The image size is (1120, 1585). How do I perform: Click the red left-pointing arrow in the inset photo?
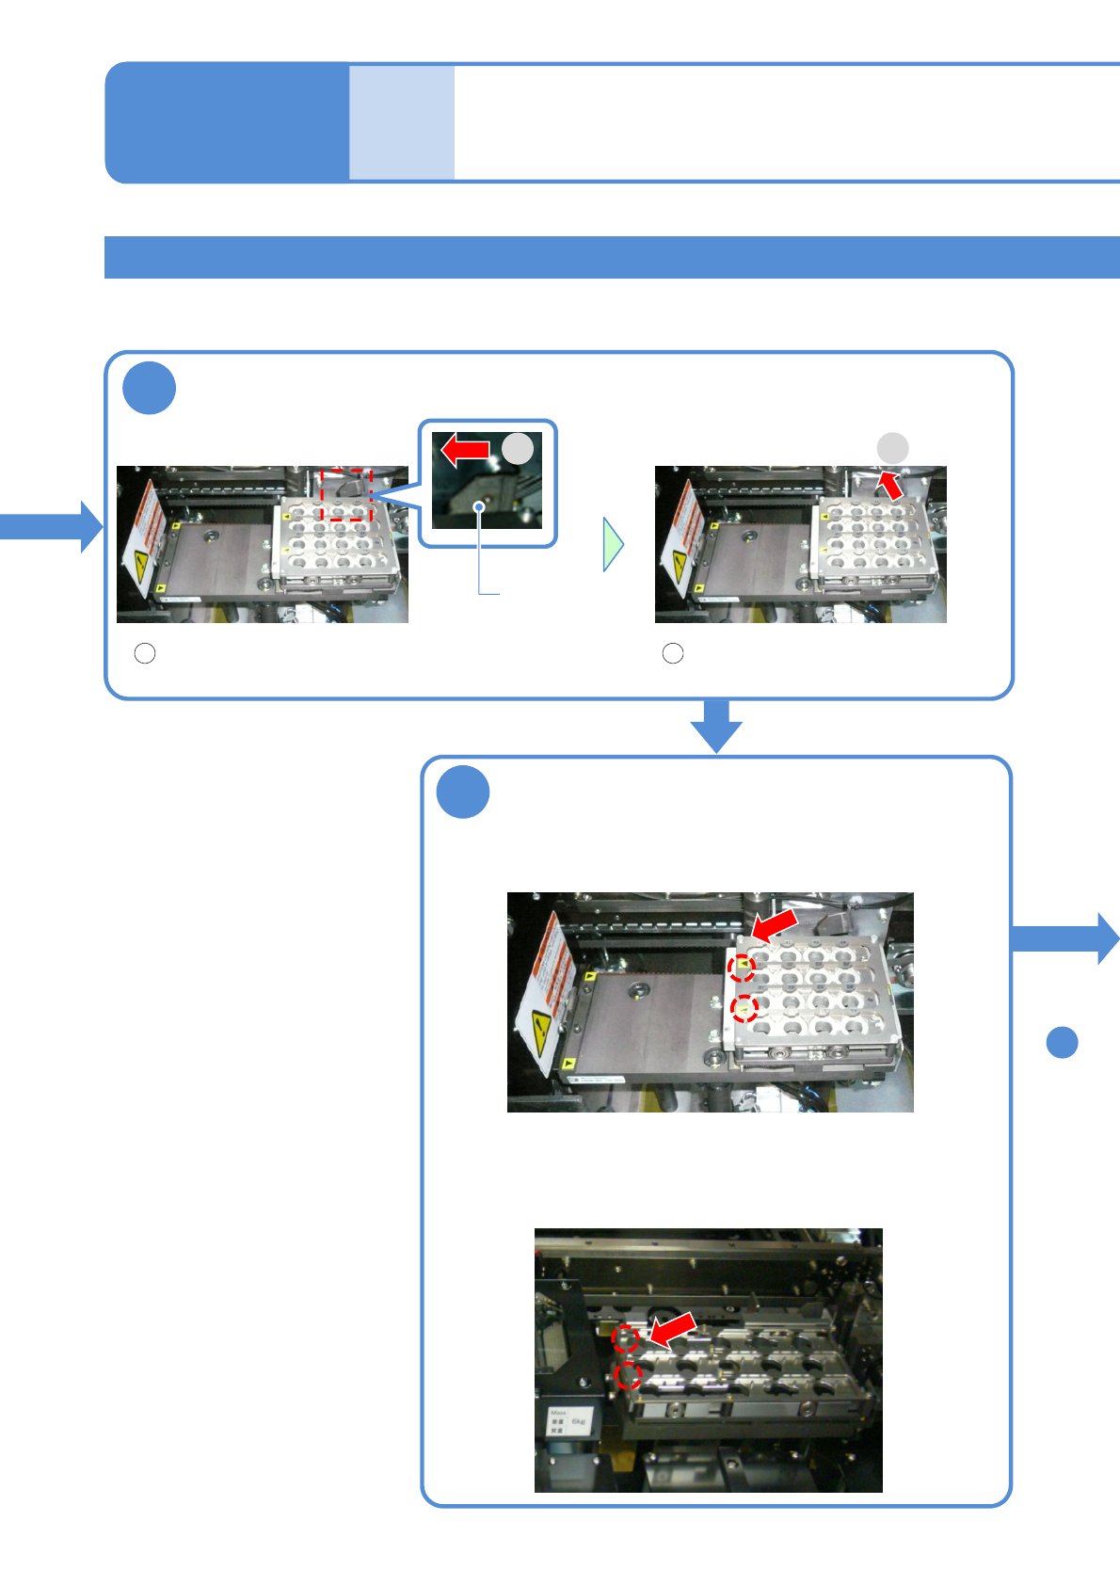tap(465, 450)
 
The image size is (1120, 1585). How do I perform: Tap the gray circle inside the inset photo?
tap(518, 448)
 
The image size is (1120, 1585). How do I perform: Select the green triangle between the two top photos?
tap(613, 544)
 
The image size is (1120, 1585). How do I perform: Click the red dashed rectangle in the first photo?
tap(346, 495)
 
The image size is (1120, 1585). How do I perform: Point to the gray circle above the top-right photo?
tap(892, 448)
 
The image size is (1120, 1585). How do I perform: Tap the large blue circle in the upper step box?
tap(149, 388)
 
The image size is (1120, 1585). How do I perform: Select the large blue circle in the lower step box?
tap(463, 792)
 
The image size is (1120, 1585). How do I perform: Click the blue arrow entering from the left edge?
tap(52, 526)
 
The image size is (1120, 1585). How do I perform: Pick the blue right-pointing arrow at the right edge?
tap(1065, 937)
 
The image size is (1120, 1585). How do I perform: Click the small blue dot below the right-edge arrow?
tap(1062, 1042)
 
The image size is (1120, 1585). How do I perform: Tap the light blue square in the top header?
tap(402, 122)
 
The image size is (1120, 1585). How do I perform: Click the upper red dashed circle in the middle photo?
tap(742, 967)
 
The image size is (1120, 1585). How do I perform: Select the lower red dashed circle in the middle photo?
tap(744, 1009)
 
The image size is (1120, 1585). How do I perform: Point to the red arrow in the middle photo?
tap(775, 924)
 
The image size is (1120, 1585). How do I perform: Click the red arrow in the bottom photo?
tap(672, 1330)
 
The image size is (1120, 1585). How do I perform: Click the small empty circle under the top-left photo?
tap(145, 653)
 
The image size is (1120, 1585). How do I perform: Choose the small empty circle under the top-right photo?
tap(673, 653)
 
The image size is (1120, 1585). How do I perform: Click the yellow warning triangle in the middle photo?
tap(540, 1031)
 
